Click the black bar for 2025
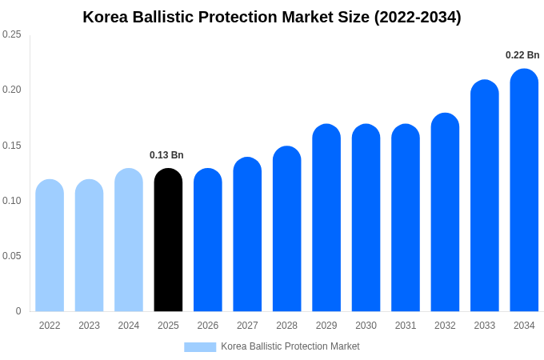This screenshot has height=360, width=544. tap(168, 240)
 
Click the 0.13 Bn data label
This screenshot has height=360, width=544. tap(166, 155)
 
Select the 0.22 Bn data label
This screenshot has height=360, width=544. tap(522, 55)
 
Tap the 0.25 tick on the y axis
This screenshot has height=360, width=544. tap(12, 34)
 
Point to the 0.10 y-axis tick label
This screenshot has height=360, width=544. tap(12, 201)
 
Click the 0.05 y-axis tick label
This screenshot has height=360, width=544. tap(12, 256)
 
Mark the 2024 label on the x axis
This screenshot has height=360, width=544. tap(129, 326)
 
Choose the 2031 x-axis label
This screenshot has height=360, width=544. tap(406, 326)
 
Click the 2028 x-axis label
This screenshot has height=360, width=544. tap(286, 326)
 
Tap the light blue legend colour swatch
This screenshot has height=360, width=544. tap(200, 346)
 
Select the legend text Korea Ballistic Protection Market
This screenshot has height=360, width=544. tap(290, 346)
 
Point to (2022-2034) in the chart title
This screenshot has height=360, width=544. tap(418, 17)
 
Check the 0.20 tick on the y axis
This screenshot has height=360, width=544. tap(12, 90)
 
